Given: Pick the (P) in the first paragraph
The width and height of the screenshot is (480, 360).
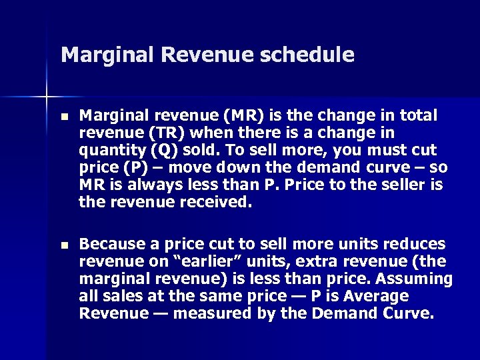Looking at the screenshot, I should coord(128,167).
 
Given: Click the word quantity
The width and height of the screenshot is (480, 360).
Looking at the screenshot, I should coord(109,150).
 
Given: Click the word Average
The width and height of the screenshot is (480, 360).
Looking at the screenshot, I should coord(375,295).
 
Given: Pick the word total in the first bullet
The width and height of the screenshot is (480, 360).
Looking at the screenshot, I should coord(417,117).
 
